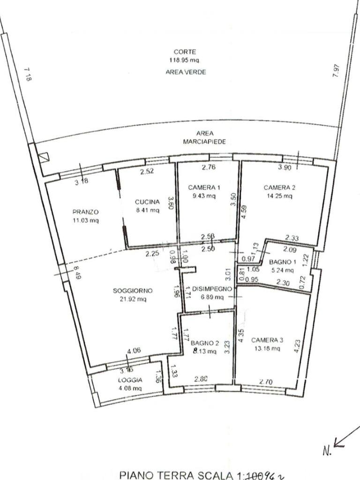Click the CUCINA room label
click(148, 202)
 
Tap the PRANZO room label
click(85, 211)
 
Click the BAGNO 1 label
click(281, 262)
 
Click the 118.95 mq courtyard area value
click(185, 60)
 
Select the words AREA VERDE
click(186, 72)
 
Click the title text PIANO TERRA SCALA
click(179, 474)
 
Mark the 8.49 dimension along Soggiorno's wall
click(76, 272)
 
